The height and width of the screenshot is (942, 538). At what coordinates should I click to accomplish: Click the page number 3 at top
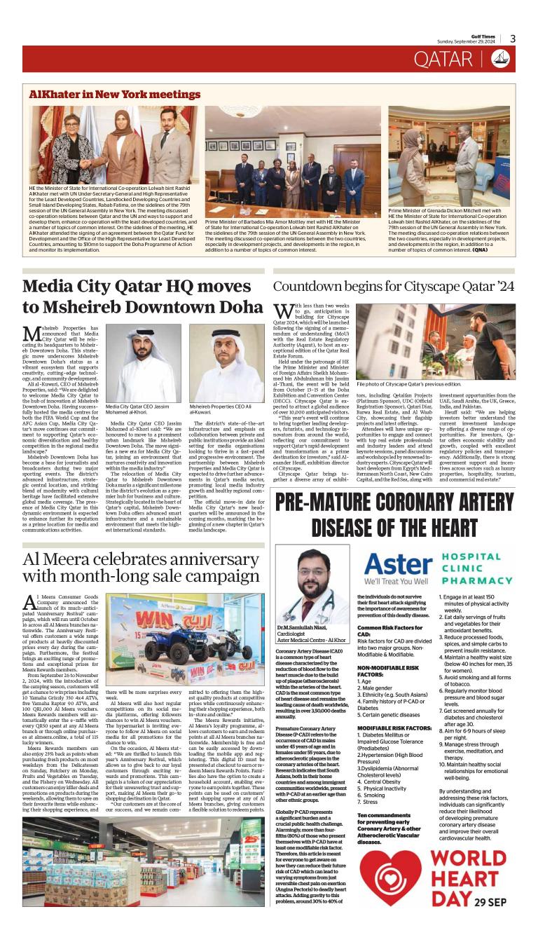tap(513, 39)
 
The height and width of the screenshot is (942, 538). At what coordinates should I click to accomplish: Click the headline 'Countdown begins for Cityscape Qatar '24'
tap(394, 287)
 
